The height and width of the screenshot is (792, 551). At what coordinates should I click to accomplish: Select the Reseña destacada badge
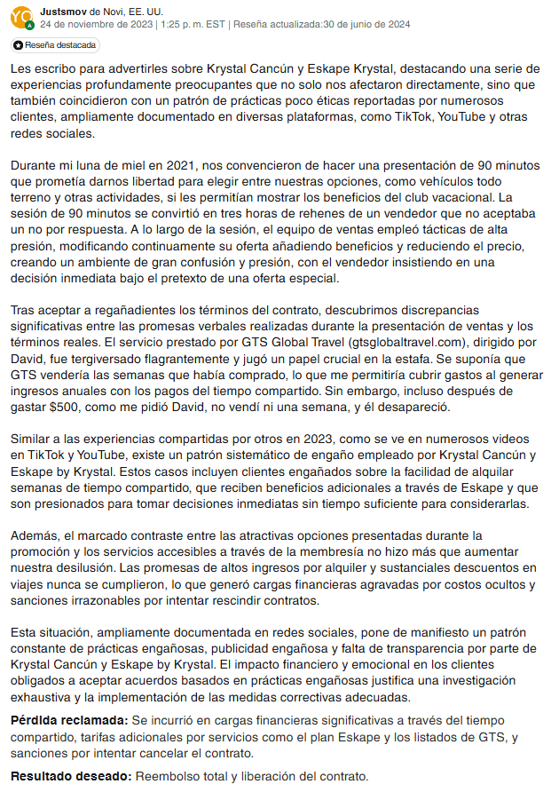click(x=56, y=44)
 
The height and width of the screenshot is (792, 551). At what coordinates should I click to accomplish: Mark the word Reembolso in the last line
click(x=169, y=776)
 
